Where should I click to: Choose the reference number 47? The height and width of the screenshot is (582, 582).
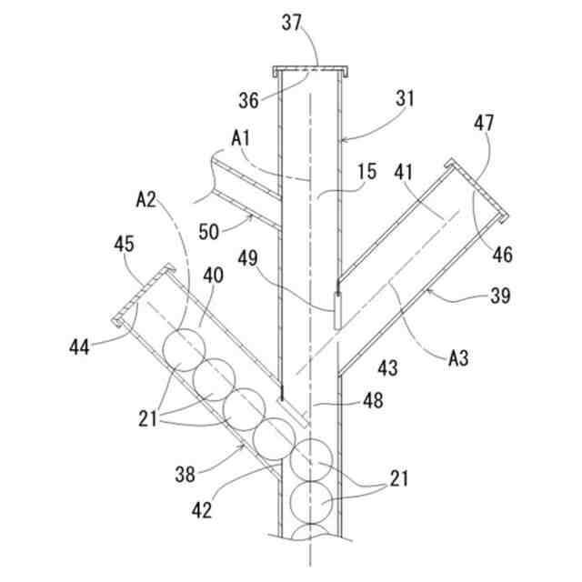[482, 121]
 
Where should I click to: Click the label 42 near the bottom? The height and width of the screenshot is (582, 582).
[202, 509]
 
